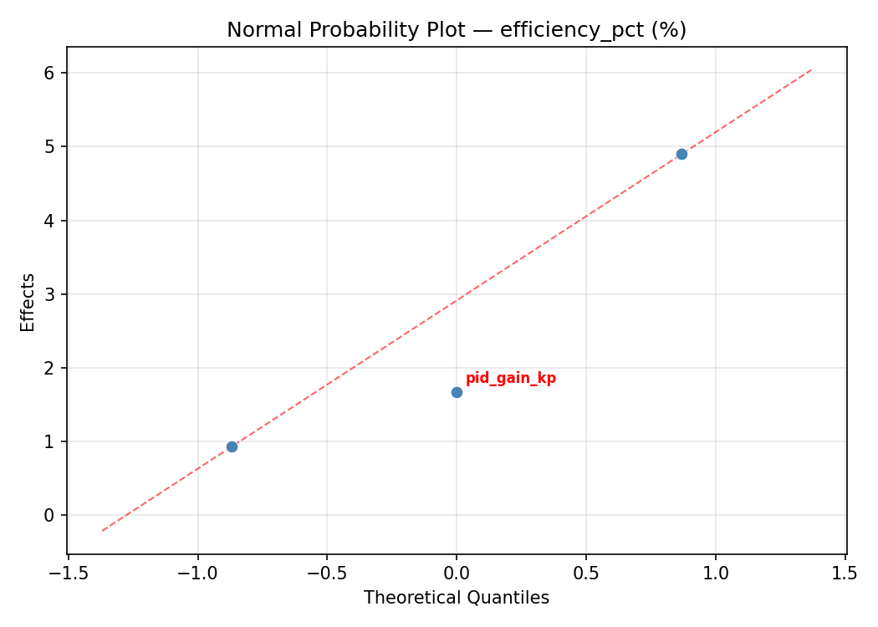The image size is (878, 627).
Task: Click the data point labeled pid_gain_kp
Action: (457, 392)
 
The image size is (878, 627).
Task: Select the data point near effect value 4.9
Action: (681, 154)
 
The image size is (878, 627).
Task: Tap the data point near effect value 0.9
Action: (232, 446)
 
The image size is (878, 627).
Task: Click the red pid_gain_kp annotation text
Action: (510, 379)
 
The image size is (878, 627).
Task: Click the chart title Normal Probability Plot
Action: (457, 30)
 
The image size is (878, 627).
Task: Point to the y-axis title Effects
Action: (28, 302)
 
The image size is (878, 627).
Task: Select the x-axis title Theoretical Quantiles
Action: (457, 598)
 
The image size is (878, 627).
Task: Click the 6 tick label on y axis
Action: (49, 74)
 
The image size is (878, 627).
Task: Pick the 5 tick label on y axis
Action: (49, 147)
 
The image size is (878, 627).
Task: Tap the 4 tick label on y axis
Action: (49, 221)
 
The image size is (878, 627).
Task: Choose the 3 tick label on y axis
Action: (49, 294)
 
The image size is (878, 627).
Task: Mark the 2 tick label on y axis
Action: (49, 368)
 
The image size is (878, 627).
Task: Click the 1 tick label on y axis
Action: (49, 441)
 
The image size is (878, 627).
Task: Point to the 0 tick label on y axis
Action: (49, 515)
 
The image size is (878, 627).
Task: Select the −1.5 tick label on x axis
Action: (68, 573)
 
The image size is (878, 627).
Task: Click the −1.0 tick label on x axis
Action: (197, 573)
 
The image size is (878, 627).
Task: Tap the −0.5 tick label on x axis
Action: (327, 573)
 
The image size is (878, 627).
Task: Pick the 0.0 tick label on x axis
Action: (457, 573)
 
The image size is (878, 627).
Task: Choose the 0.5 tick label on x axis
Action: (585, 573)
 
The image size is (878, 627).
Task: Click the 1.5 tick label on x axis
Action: (845, 573)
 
